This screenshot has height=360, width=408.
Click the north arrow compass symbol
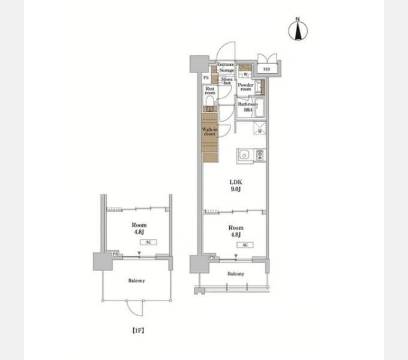[x=297, y=31]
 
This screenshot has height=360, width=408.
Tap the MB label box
[x=266, y=70]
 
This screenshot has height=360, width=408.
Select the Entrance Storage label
[x=226, y=67]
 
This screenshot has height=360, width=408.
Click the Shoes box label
[x=226, y=81]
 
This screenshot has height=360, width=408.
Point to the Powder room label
[x=246, y=88]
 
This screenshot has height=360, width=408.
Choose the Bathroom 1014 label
[x=247, y=106]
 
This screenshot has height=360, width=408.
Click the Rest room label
[x=209, y=91]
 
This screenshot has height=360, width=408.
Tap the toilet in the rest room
[x=209, y=110]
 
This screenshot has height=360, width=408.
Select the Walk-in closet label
[x=209, y=132]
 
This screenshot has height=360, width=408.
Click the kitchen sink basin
[x=244, y=156]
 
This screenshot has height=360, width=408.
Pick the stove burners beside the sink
[x=260, y=155]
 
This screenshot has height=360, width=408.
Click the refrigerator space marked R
[x=259, y=129]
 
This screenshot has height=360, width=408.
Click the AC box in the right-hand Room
[x=245, y=245]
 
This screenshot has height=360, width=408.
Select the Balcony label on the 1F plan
[x=136, y=280]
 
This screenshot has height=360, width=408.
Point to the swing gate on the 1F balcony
[x=136, y=308]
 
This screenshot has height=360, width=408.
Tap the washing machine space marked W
[x=246, y=74]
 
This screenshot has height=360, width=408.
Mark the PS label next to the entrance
[x=206, y=78]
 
